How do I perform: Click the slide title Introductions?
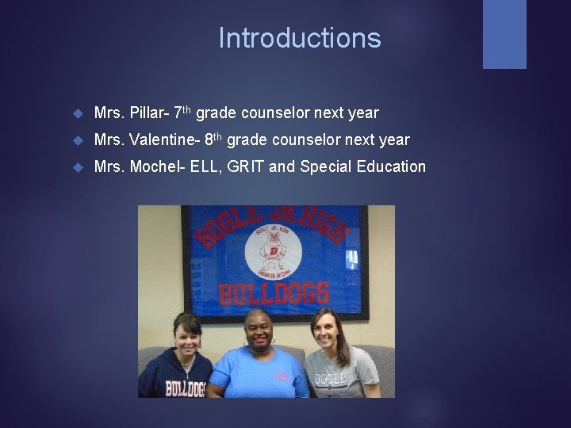click(x=300, y=38)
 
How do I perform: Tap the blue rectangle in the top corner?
click(x=504, y=34)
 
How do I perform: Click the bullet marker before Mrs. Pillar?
click(x=77, y=114)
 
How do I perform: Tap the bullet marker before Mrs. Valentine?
click(x=77, y=141)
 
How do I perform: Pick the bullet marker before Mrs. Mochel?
click(x=77, y=167)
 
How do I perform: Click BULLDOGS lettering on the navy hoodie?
click(x=185, y=388)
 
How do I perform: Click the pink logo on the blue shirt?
click(x=282, y=376)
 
